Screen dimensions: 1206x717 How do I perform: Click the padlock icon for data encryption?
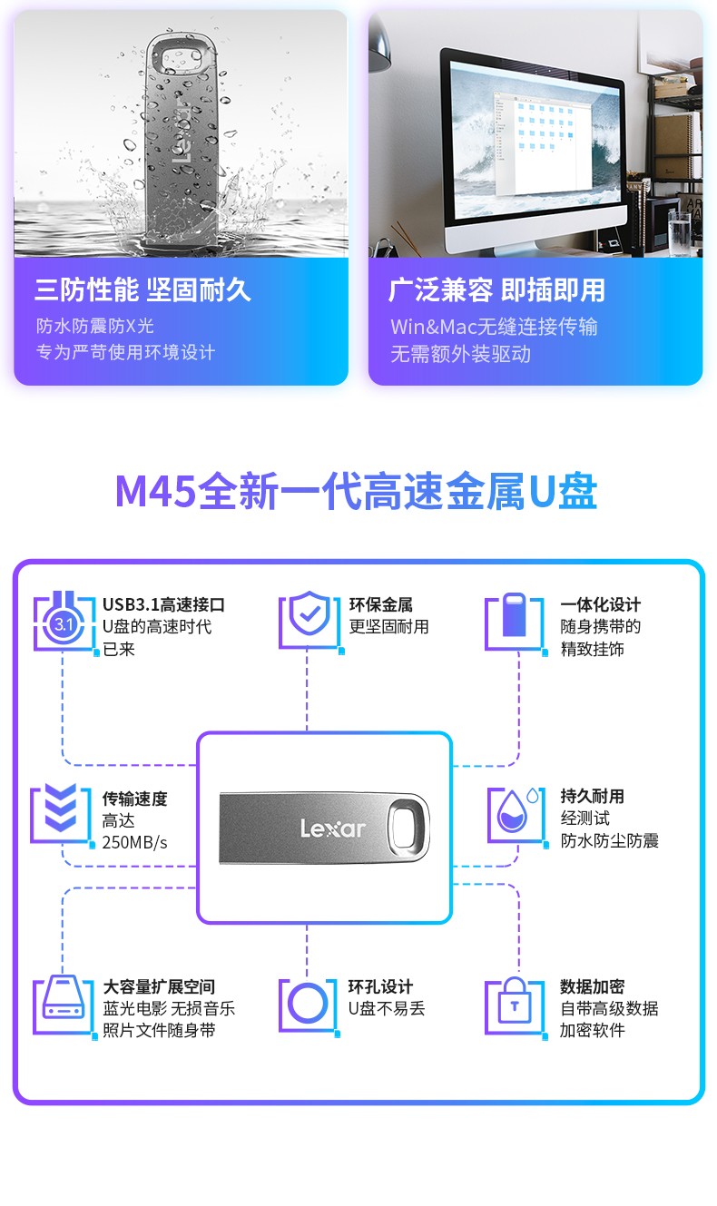click(x=515, y=1005)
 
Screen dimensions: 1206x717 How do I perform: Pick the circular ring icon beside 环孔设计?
click(x=308, y=1005)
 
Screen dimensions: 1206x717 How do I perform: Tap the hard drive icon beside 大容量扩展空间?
click(x=64, y=1005)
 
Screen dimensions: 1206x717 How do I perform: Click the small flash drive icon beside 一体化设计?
click(x=515, y=617)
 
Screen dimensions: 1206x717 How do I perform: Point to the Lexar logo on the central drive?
click(x=332, y=828)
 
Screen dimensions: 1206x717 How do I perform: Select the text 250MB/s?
click(x=135, y=842)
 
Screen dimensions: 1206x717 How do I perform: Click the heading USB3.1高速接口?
click(x=163, y=604)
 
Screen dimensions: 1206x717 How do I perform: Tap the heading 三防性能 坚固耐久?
click(x=142, y=290)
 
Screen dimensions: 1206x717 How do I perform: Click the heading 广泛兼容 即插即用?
click(x=496, y=290)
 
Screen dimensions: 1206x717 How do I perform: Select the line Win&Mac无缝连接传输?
click(x=494, y=327)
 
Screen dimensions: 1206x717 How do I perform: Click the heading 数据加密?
click(x=592, y=986)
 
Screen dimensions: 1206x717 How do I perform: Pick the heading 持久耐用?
click(x=592, y=796)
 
